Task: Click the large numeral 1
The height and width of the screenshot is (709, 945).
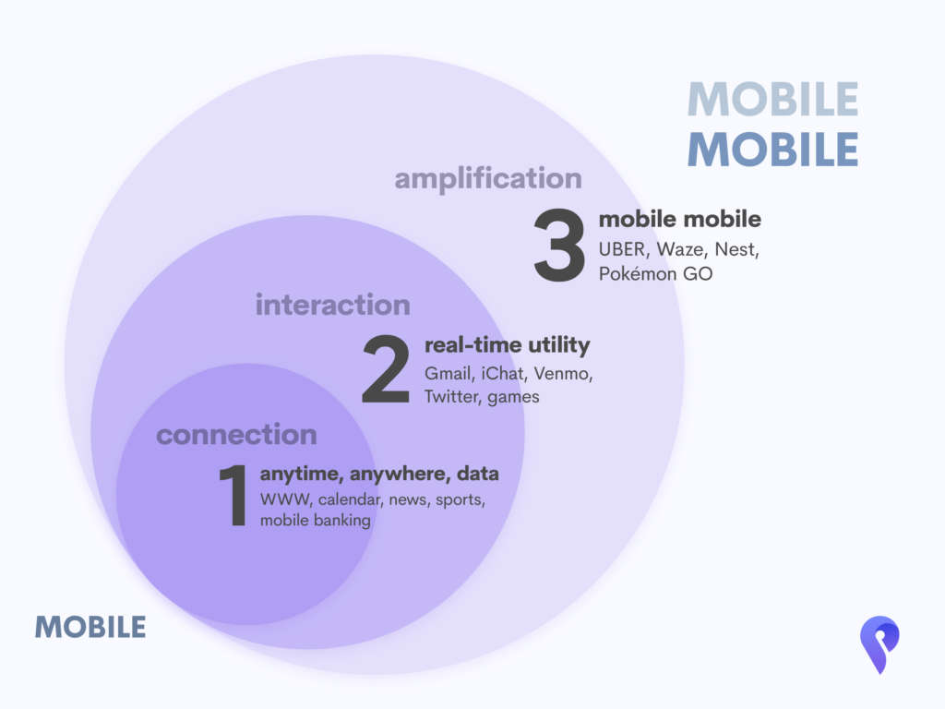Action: [x=233, y=495]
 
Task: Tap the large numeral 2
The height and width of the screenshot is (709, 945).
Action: [x=386, y=368]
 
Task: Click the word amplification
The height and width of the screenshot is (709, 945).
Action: [x=488, y=179]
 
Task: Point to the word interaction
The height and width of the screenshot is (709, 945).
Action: [x=332, y=305]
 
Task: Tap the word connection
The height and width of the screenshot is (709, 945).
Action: [x=236, y=435]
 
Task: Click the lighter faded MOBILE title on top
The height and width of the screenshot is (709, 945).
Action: [x=773, y=100]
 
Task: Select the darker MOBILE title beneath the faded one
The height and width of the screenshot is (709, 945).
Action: [x=773, y=150]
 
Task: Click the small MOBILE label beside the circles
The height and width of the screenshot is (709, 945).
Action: [x=90, y=627]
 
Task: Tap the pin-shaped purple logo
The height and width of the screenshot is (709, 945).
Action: [x=879, y=643]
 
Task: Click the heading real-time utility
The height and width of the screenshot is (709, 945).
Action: [x=508, y=345]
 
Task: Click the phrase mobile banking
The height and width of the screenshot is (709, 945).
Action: [x=316, y=521]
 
